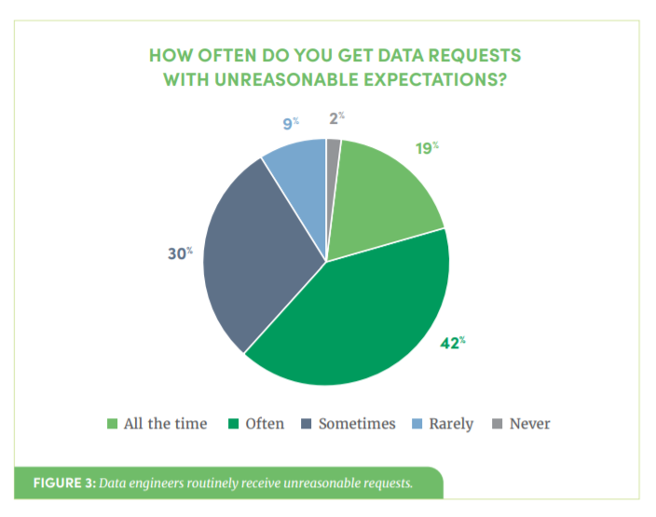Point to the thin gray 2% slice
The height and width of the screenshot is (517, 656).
coord(333,158)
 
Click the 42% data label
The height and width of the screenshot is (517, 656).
coord(452,343)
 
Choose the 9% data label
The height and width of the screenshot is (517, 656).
coord(290,121)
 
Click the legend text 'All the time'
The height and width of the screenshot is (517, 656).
coord(165,424)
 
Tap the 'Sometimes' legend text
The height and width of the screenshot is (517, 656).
coord(357,424)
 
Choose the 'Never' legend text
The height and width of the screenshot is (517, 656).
coord(529,424)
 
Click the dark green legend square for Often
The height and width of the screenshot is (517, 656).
coord(234,425)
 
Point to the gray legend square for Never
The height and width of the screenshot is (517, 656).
coord(497,425)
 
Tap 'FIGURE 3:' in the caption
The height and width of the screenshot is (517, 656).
coord(63,483)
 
